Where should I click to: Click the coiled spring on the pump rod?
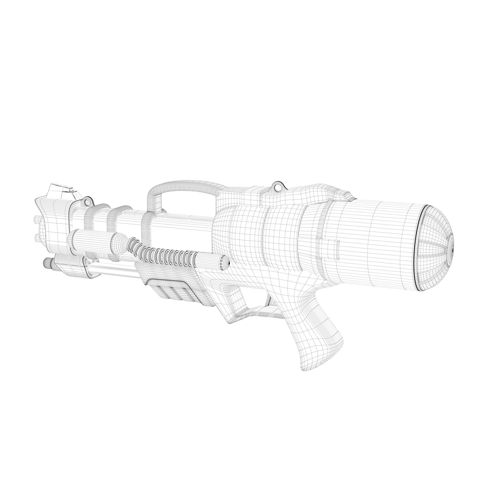pyautogui.click(x=163, y=251)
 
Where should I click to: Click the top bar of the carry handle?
pyautogui.click(x=183, y=185)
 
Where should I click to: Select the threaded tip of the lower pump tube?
pyautogui.click(x=48, y=263)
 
